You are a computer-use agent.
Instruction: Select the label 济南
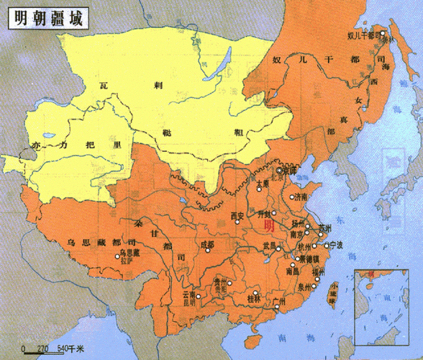coord(299,196)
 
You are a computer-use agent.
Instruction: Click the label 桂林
coord(254,298)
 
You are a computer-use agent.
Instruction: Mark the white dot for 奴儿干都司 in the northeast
coord(384,32)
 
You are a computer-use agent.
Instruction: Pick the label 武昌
coord(268,246)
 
